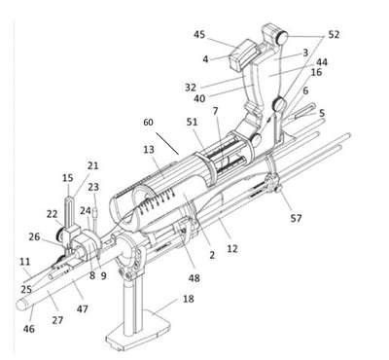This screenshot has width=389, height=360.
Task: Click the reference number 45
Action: (199, 34)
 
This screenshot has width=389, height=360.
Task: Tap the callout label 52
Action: (334, 35)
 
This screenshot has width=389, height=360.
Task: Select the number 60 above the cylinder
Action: (148, 123)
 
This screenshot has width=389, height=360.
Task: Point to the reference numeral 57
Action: (296, 218)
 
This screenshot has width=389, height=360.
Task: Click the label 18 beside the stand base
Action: (189, 299)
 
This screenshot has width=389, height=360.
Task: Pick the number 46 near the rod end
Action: (28, 329)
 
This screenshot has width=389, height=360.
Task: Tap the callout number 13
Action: (149, 150)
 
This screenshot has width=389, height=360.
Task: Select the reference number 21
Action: (92, 165)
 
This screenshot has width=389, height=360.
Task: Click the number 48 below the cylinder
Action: (194, 278)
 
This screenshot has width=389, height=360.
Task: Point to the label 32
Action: (191, 88)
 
